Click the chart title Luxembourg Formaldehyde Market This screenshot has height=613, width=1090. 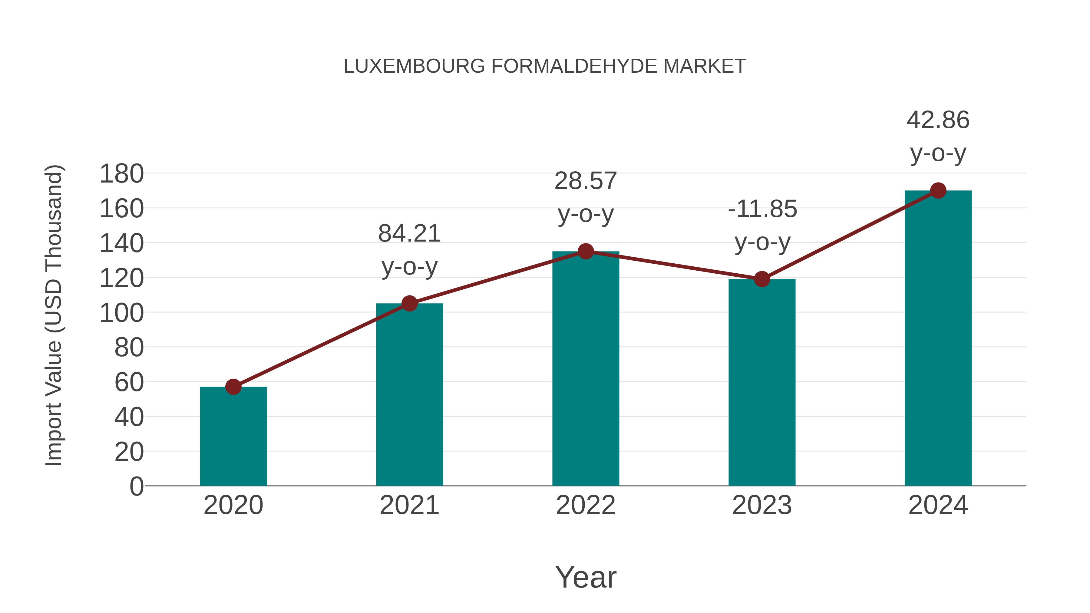click(545, 66)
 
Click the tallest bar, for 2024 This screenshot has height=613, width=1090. click(938, 338)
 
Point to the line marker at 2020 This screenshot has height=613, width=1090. click(233, 387)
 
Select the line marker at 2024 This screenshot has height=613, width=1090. click(938, 190)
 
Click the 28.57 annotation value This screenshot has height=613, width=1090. click(586, 181)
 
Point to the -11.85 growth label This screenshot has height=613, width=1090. click(762, 209)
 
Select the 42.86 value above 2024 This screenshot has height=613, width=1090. click(938, 120)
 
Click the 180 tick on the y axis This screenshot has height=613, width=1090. click(121, 174)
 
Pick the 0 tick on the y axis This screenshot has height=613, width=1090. click(136, 486)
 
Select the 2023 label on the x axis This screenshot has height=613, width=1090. click(762, 506)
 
